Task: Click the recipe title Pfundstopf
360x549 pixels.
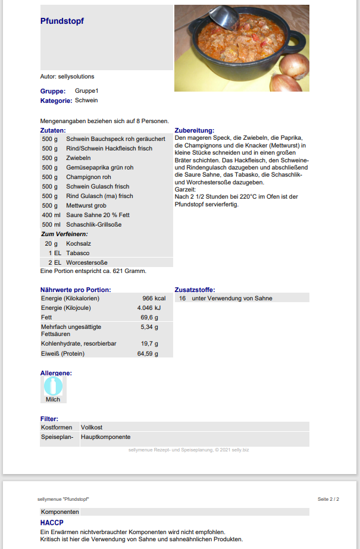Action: coord(62,21)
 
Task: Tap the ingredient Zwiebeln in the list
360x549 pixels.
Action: coord(79,158)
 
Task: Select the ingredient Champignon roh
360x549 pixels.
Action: coord(89,177)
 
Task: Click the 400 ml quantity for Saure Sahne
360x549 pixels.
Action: coord(52,215)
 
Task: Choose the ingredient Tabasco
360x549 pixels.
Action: coord(79,253)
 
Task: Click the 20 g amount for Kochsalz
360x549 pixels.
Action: coord(51,243)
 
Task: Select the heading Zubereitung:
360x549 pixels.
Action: coord(194,130)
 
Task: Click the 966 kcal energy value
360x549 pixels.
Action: coord(154,298)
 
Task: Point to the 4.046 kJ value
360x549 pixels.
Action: coord(149,308)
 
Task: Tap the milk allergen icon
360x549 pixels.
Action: coord(53,386)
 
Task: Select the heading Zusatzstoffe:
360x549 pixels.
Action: coord(195,290)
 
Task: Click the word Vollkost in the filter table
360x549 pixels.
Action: coord(92,427)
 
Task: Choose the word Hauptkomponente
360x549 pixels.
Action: coord(105,437)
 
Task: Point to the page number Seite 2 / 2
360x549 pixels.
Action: coord(328,499)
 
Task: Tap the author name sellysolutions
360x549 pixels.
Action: coord(76,76)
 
